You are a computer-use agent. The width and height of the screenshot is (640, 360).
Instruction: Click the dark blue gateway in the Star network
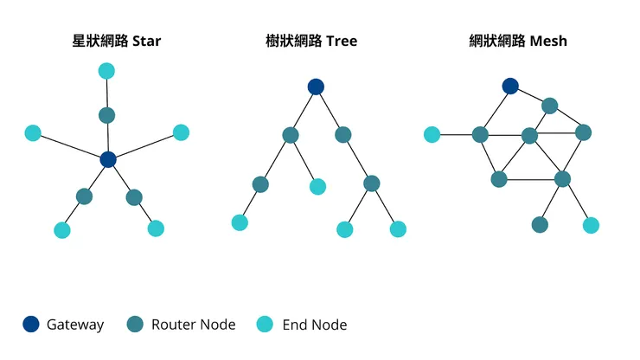(107, 159)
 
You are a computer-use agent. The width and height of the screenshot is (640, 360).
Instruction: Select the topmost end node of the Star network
(106, 71)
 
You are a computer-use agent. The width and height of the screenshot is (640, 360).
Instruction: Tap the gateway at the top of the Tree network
(316, 87)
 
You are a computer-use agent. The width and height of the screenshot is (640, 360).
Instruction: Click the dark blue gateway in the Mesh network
(510, 86)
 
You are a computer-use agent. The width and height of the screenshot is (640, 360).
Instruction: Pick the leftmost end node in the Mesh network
(432, 134)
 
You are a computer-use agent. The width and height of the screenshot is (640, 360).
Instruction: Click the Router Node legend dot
(135, 325)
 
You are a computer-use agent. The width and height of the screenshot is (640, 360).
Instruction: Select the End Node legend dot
(266, 325)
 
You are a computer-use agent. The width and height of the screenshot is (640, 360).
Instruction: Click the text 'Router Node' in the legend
(193, 325)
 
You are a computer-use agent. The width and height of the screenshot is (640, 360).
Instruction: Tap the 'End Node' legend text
(315, 325)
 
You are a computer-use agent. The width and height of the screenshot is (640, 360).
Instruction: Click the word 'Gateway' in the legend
(75, 325)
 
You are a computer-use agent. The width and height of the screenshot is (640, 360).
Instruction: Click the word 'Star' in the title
(147, 41)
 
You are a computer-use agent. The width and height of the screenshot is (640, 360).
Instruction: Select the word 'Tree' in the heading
(342, 41)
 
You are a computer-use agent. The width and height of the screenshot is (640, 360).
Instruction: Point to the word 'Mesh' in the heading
(550, 41)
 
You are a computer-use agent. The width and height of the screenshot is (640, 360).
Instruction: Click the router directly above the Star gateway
(106, 115)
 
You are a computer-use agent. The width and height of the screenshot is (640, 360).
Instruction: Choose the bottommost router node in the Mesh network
(540, 225)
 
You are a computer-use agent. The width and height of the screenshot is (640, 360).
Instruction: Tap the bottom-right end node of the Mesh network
(591, 225)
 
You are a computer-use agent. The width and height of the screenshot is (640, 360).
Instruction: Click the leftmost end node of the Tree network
(240, 222)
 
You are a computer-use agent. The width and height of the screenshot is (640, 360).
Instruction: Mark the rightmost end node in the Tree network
(398, 229)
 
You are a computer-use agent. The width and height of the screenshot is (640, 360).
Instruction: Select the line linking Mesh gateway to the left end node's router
(496, 110)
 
